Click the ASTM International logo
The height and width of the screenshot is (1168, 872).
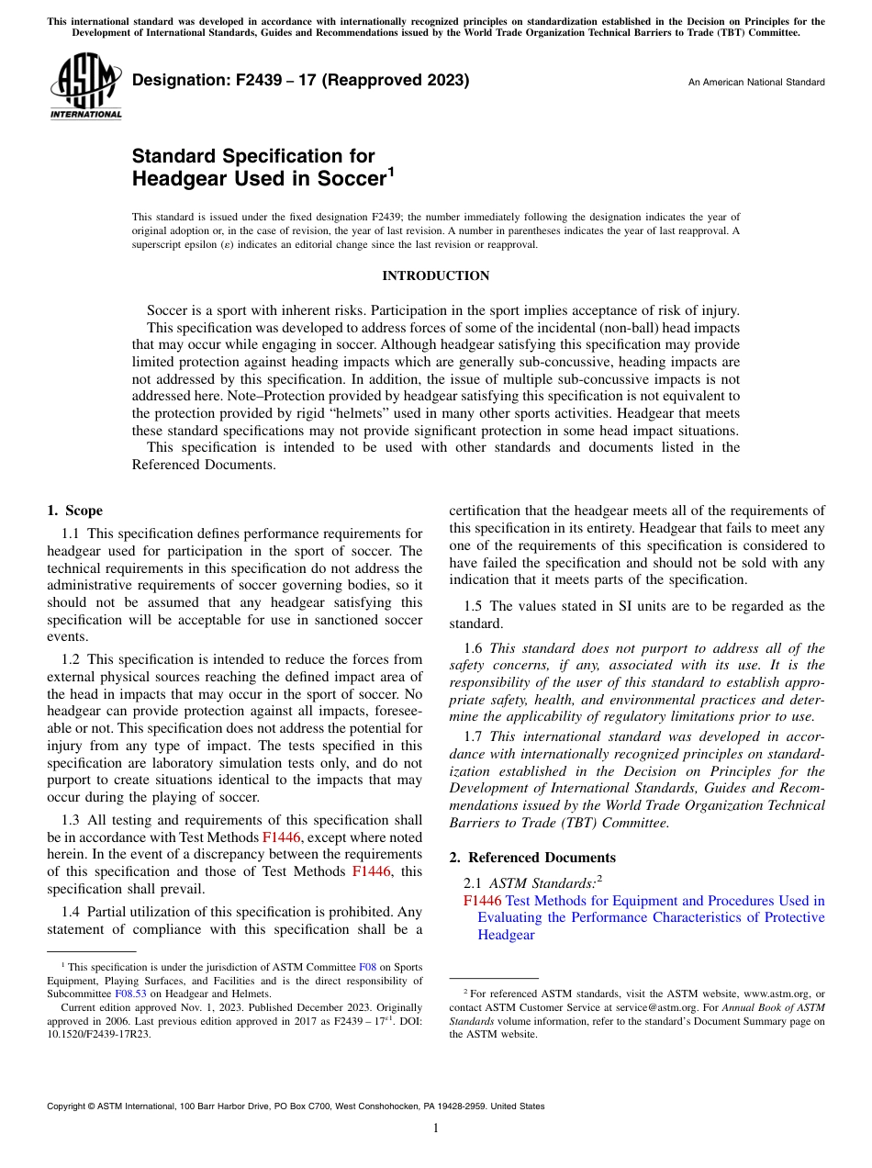tap(84, 87)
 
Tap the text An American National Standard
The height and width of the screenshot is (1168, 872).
tap(756, 83)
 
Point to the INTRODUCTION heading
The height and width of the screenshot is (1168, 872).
tap(435, 275)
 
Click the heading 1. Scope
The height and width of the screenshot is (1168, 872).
tap(74, 511)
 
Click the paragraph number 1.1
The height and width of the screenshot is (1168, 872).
tap(72, 533)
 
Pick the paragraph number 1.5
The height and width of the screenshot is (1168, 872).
tap(474, 606)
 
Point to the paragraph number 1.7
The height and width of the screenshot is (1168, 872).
tap(474, 736)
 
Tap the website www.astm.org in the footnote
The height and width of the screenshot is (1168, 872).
tap(780, 994)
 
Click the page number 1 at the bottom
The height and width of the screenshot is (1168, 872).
tap(436, 1129)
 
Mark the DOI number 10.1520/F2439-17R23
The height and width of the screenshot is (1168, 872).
tap(99, 1034)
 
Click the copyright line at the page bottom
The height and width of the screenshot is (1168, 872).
tap(296, 1106)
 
